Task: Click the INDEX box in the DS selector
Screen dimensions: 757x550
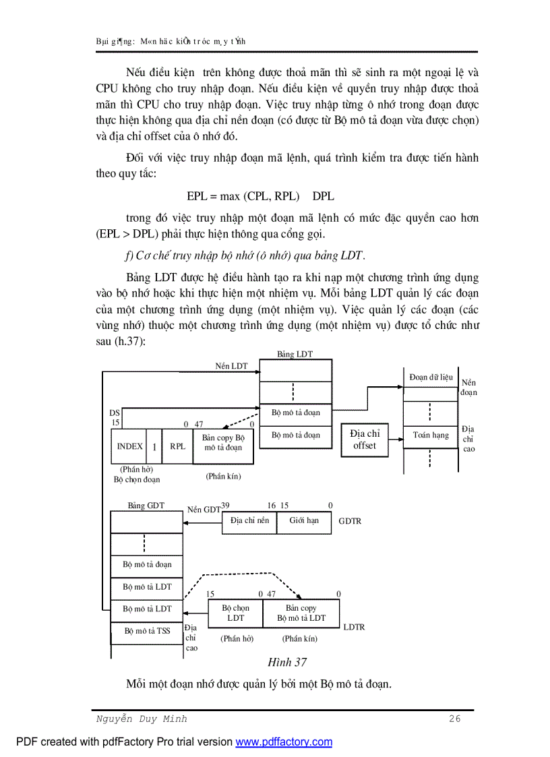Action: (x=129, y=446)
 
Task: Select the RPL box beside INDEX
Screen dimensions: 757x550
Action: (x=177, y=446)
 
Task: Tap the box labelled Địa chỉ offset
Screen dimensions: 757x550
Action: (x=365, y=440)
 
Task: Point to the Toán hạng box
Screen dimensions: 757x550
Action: (x=431, y=435)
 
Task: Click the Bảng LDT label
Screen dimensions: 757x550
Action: (x=295, y=354)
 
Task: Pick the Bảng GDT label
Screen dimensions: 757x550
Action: (x=146, y=506)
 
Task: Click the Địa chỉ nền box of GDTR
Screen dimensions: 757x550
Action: (x=249, y=520)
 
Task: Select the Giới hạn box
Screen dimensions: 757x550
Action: (x=304, y=520)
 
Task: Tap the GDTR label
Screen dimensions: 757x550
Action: (x=350, y=521)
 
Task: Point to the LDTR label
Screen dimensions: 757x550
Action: (x=354, y=627)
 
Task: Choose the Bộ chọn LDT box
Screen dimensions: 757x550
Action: (x=235, y=613)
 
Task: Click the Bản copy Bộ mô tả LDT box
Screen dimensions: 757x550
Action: (x=301, y=613)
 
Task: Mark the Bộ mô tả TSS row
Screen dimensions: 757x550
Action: (x=147, y=632)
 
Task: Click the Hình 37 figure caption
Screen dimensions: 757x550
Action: (x=287, y=663)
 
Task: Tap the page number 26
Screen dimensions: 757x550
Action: (x=455, y=719)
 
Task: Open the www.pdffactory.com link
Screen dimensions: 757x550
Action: (x=284, y=742)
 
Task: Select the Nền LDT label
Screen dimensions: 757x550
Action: (x=231, y=366)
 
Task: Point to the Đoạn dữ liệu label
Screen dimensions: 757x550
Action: (x=431, y=377)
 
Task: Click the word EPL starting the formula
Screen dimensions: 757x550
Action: (x=197, y=197)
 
